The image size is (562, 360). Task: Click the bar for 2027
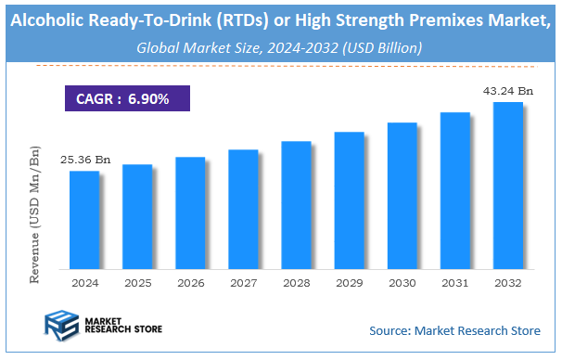coord(243,209)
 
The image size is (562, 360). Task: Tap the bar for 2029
coord(349,200)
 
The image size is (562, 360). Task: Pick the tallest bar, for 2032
coord(507,186)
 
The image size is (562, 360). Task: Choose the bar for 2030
coord(402,196)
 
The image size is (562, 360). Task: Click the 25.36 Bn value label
coord(85,161)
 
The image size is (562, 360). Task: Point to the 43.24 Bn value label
coord(508,91)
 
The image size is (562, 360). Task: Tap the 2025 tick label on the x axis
coord(137,282)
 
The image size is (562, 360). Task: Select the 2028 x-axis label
coord(296,282)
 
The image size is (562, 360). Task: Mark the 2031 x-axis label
coord(454,282)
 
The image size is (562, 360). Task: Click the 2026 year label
coord(190,282)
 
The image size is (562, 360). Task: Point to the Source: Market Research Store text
coord(454,330)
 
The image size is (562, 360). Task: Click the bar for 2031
coord(454,190)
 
